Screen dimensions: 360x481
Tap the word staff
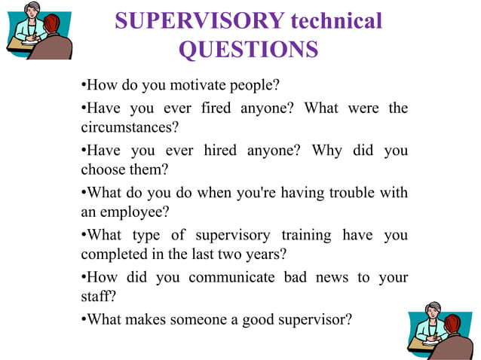point(96,296)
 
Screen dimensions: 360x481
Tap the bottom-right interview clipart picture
point(440,329)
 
